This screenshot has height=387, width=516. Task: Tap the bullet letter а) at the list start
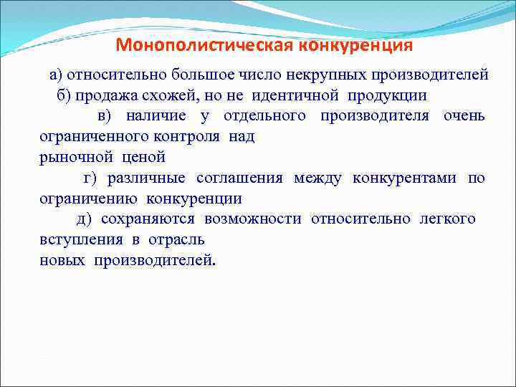tap(56, 75)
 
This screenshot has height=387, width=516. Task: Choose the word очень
tap(464, 116)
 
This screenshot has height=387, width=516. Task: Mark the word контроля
tap(188, 136)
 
